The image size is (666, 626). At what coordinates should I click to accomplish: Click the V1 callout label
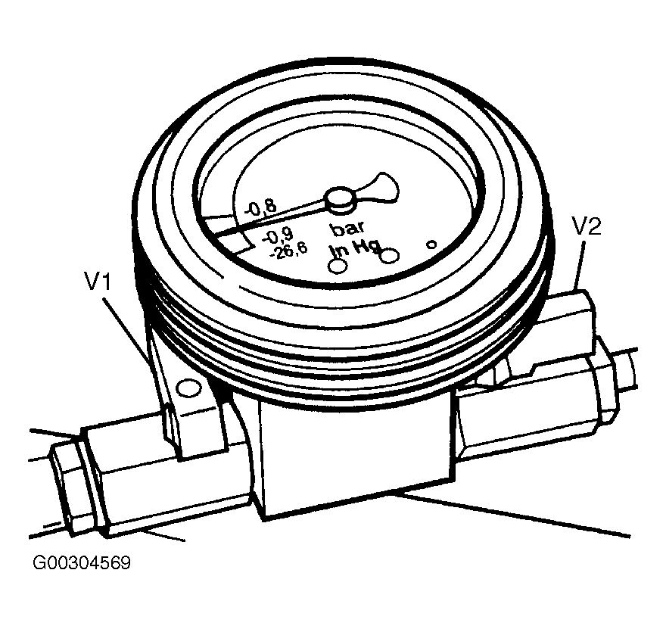pyautogui.click(x=98, y=283)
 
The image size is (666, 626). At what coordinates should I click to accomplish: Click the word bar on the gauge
pyautogui.click(x=347, y=228)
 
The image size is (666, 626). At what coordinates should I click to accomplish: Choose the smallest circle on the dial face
pyautogui.click(x=431, y=244)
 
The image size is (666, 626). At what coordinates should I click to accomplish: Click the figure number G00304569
pyautogui.click(x=81, y=564)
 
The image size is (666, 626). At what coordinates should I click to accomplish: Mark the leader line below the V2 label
pyautogui.click(x=581, y=265)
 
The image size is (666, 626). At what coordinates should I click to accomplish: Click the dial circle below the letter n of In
pyautogui.click(x=338, y=266)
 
